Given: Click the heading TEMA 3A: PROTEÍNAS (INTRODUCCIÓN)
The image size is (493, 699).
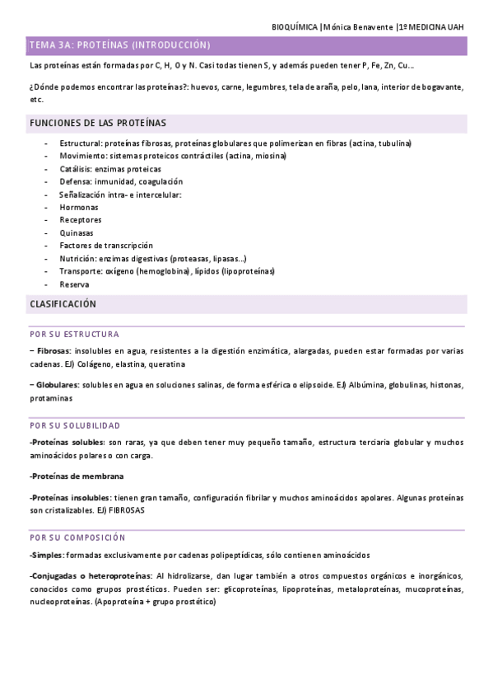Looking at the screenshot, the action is (119, 45).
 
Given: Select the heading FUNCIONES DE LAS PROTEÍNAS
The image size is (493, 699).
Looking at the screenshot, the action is (97, 123).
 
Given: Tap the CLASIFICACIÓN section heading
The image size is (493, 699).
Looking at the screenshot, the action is (63, 304).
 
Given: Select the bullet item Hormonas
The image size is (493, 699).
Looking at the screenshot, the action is (78, 207).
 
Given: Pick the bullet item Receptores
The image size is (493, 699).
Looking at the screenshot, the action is (81, 220).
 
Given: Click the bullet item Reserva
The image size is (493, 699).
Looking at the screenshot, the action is (74, 284).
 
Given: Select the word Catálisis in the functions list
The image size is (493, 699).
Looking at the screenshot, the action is (76, 168).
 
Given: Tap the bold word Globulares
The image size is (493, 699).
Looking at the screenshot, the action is (55, 385).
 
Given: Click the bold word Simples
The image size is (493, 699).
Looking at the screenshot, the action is (46, 555).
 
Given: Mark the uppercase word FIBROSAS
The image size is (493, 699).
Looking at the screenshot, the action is (123, 510).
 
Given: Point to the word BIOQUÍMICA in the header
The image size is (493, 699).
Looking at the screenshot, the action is (295, 27).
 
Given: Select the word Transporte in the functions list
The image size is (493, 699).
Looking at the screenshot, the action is (79, 271).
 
